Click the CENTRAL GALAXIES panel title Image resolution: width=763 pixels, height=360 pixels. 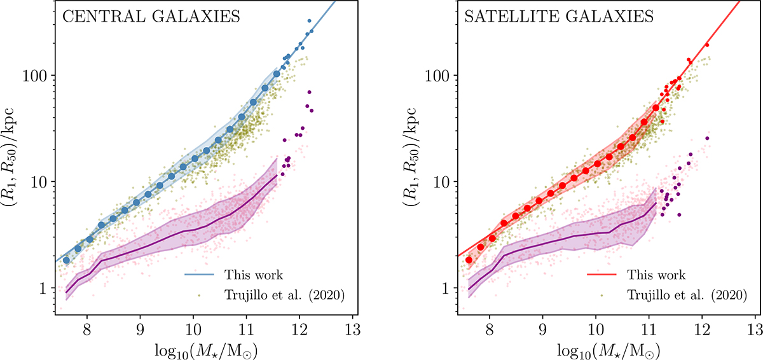coord(151,18)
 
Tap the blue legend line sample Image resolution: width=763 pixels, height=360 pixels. coord(197,275)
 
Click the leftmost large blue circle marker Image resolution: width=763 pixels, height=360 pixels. coord(66,260)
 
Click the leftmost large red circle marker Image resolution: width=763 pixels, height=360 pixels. coord(469,260)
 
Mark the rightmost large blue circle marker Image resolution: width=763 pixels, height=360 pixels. coord(277,74)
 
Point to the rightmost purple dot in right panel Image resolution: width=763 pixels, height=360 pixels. coord(707,138)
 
